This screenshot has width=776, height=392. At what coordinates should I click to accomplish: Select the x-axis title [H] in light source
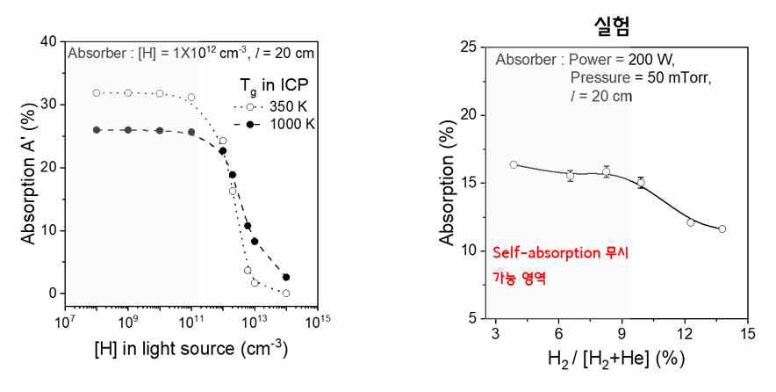191,349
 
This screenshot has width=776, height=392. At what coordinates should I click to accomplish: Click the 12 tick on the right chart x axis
685,334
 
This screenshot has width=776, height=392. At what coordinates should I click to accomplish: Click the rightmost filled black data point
286,277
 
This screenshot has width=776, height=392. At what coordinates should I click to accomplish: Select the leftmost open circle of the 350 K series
97,92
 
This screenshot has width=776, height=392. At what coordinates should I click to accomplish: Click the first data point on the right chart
514,164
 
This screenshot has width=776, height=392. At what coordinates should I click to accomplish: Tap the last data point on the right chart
722,229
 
